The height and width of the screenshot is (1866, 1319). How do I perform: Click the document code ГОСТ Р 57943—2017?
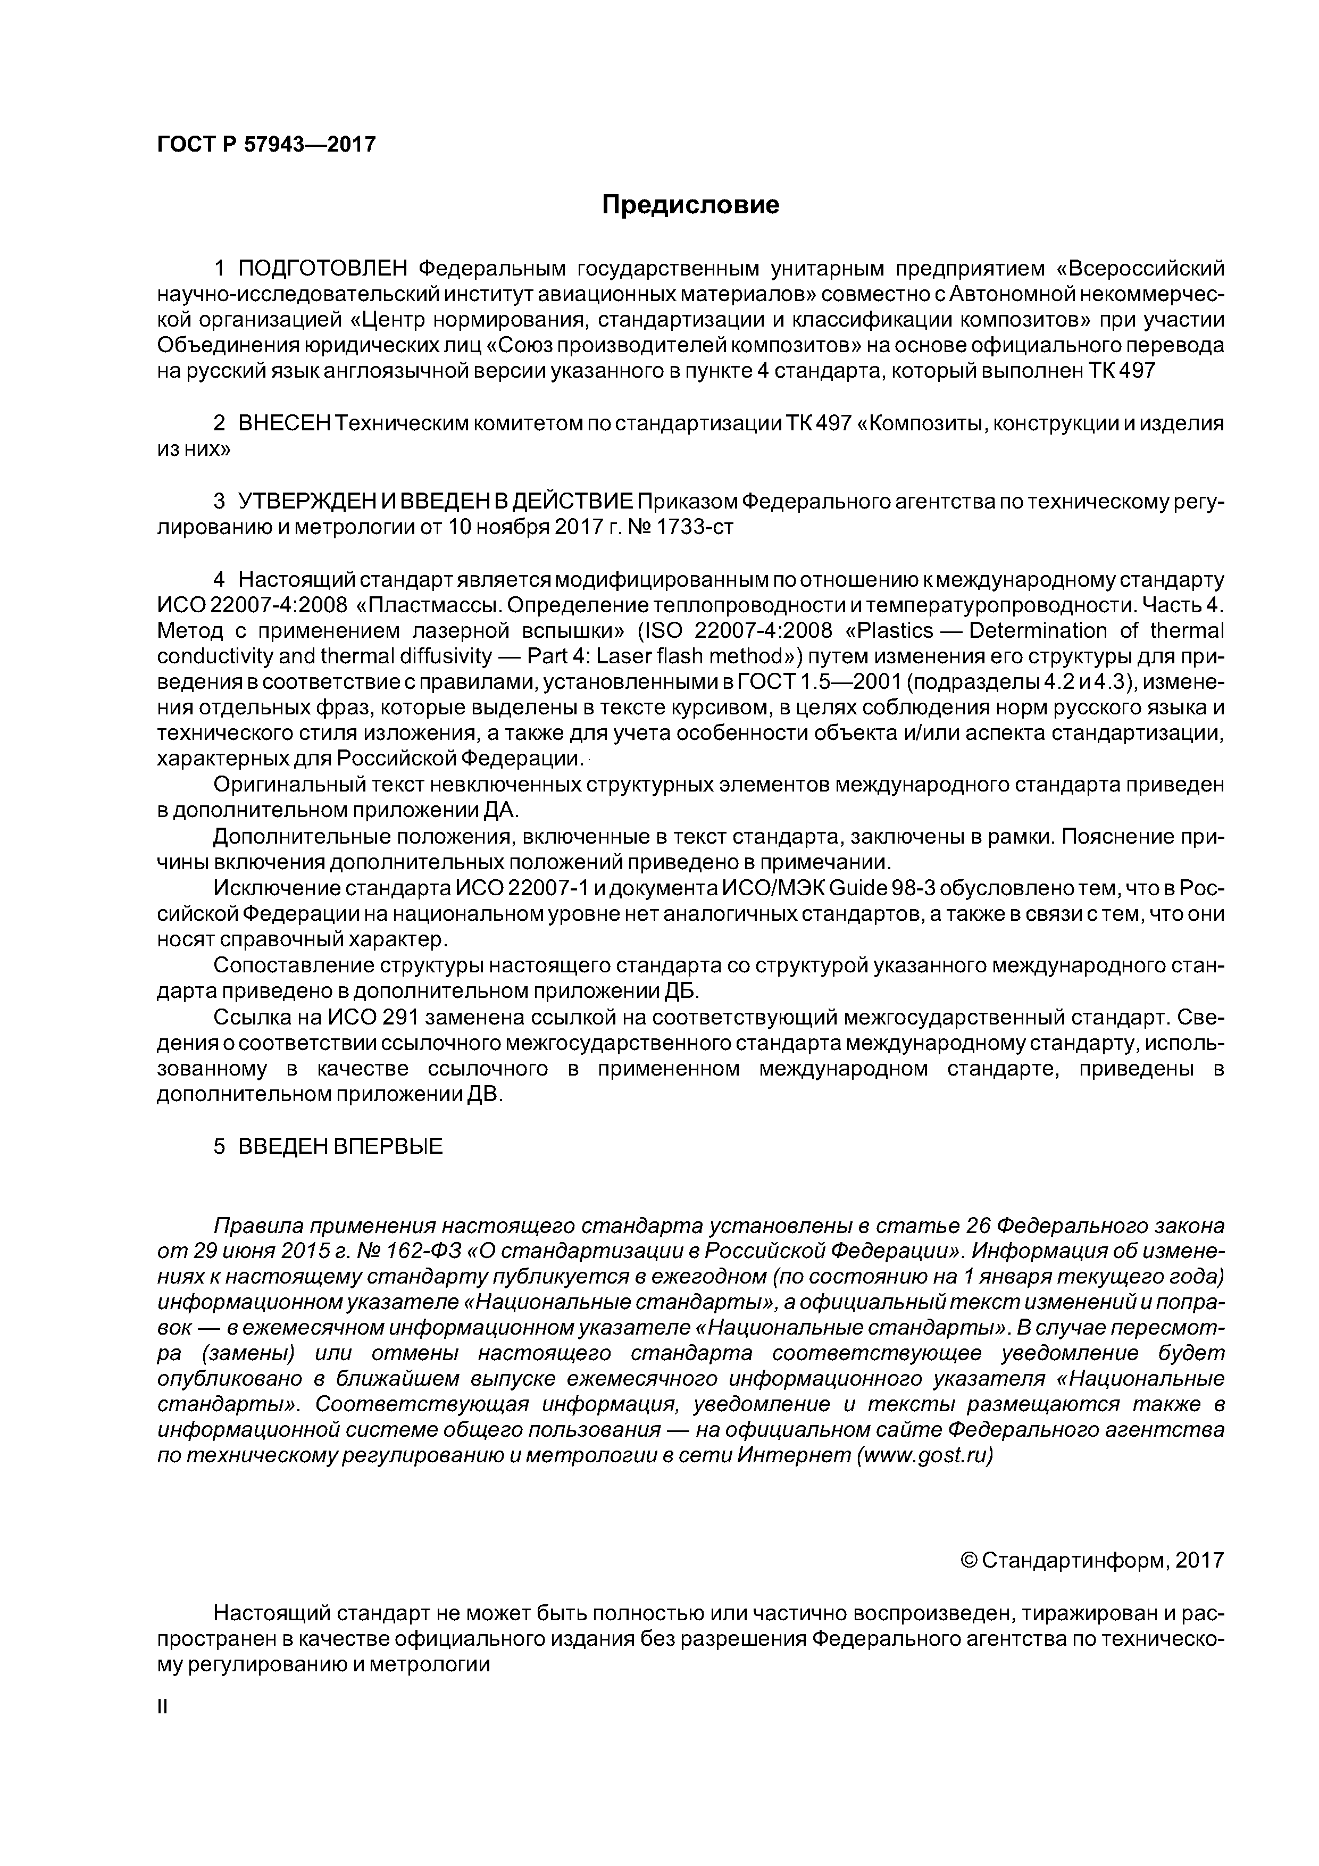[266, 145]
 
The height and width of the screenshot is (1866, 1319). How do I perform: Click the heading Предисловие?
[690, 205]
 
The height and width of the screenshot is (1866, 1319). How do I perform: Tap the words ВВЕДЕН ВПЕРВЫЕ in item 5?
[340, 1147]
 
